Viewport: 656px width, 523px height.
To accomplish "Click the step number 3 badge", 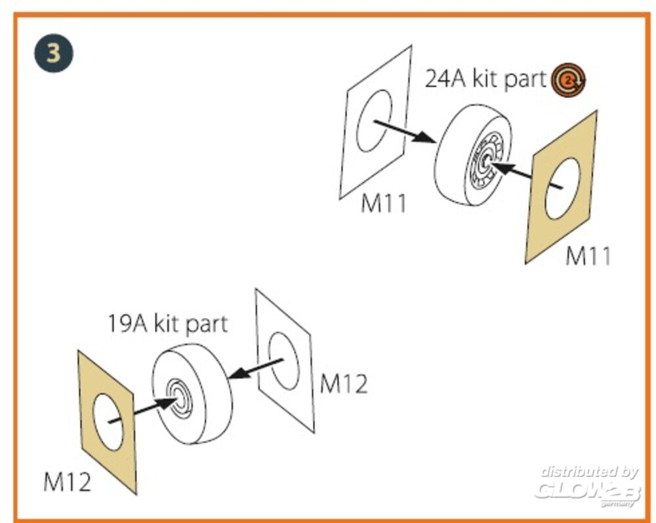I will tap(53, 52).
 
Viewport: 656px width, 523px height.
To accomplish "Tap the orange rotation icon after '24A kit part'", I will tap(568, 81).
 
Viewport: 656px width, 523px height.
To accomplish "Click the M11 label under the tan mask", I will tap(588, 256).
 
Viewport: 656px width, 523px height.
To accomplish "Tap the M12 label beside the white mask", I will tap(344, 385).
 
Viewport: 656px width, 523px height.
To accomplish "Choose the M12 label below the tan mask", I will tap(67, 483).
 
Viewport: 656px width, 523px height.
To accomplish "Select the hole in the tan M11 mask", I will tap(562, 188).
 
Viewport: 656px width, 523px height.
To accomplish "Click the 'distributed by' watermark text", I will tap(588, 471).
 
